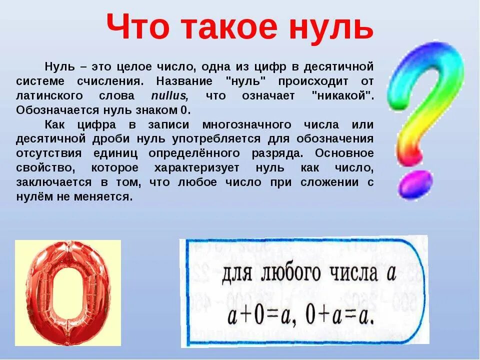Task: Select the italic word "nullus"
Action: (x=169, y=96)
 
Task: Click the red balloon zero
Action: (x=68, y=292)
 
